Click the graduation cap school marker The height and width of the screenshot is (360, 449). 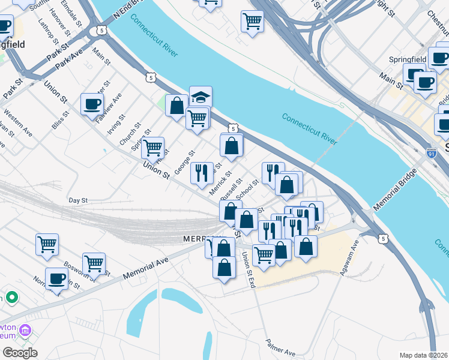[x=200, y=96]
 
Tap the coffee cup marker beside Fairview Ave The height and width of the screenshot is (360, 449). [x=92, y=104]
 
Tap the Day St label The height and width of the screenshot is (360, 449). [x=78, y=200]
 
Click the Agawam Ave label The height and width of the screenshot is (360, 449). [x=352, y=253]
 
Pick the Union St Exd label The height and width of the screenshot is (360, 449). [x=249, y=269]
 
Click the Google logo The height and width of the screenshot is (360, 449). [x=20, y=352]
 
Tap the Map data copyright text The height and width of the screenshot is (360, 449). [x=423, y=355]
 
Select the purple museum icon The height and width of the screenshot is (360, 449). [x=25, y=331]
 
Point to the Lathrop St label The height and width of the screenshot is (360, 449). [x=46, y=31]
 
